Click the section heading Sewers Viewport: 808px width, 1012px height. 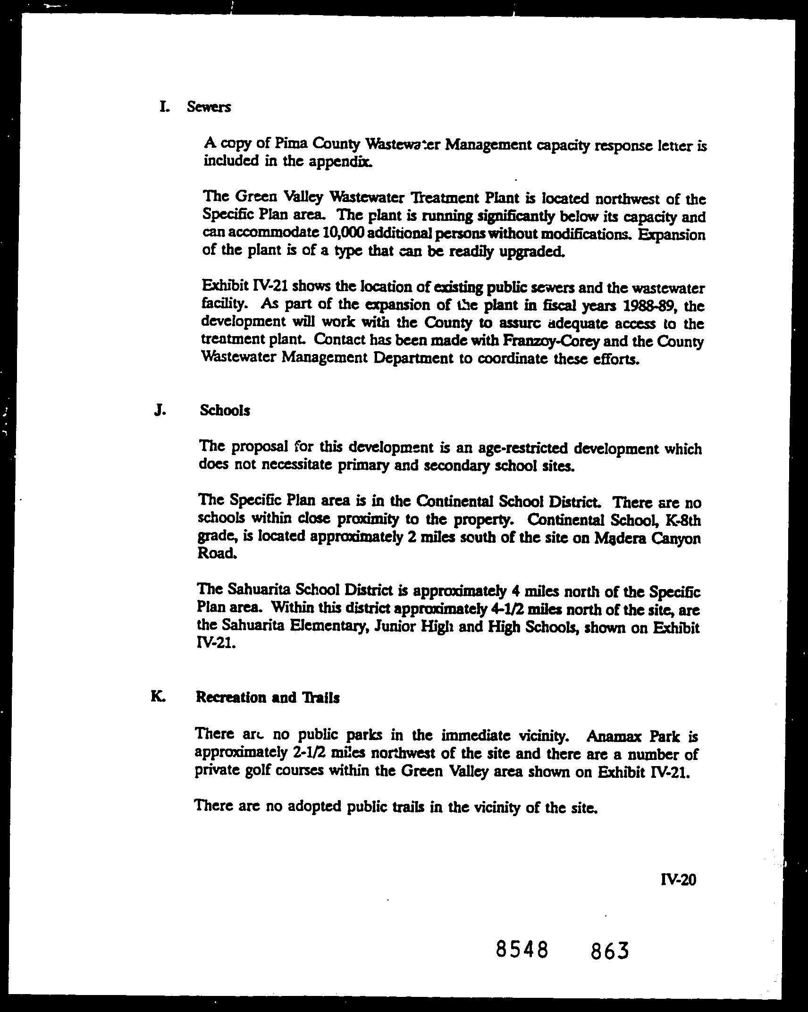[209, 107]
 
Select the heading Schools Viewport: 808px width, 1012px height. [225, 410]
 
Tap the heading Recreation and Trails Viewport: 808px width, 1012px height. [268, 697]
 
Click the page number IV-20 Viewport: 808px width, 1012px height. [679, 879]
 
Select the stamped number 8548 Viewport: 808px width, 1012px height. [522, 949]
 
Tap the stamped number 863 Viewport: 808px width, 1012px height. [610, 950]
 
